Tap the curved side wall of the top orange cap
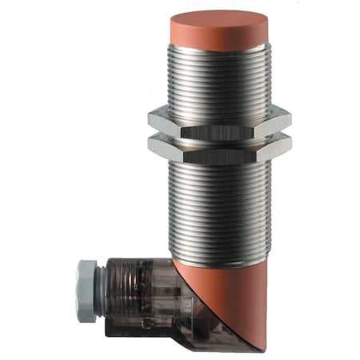coord(218,37)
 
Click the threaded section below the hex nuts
coord(218,208)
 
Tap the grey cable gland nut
coord(86,292)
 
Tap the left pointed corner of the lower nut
coord(150,146)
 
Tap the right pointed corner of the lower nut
coord(290,146)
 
